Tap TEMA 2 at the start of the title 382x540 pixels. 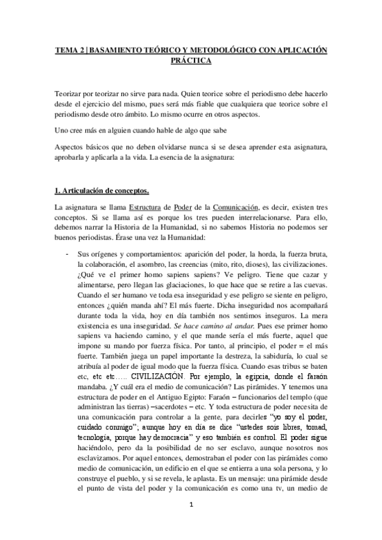[67, 50]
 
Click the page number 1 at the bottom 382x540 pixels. [191, 523]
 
